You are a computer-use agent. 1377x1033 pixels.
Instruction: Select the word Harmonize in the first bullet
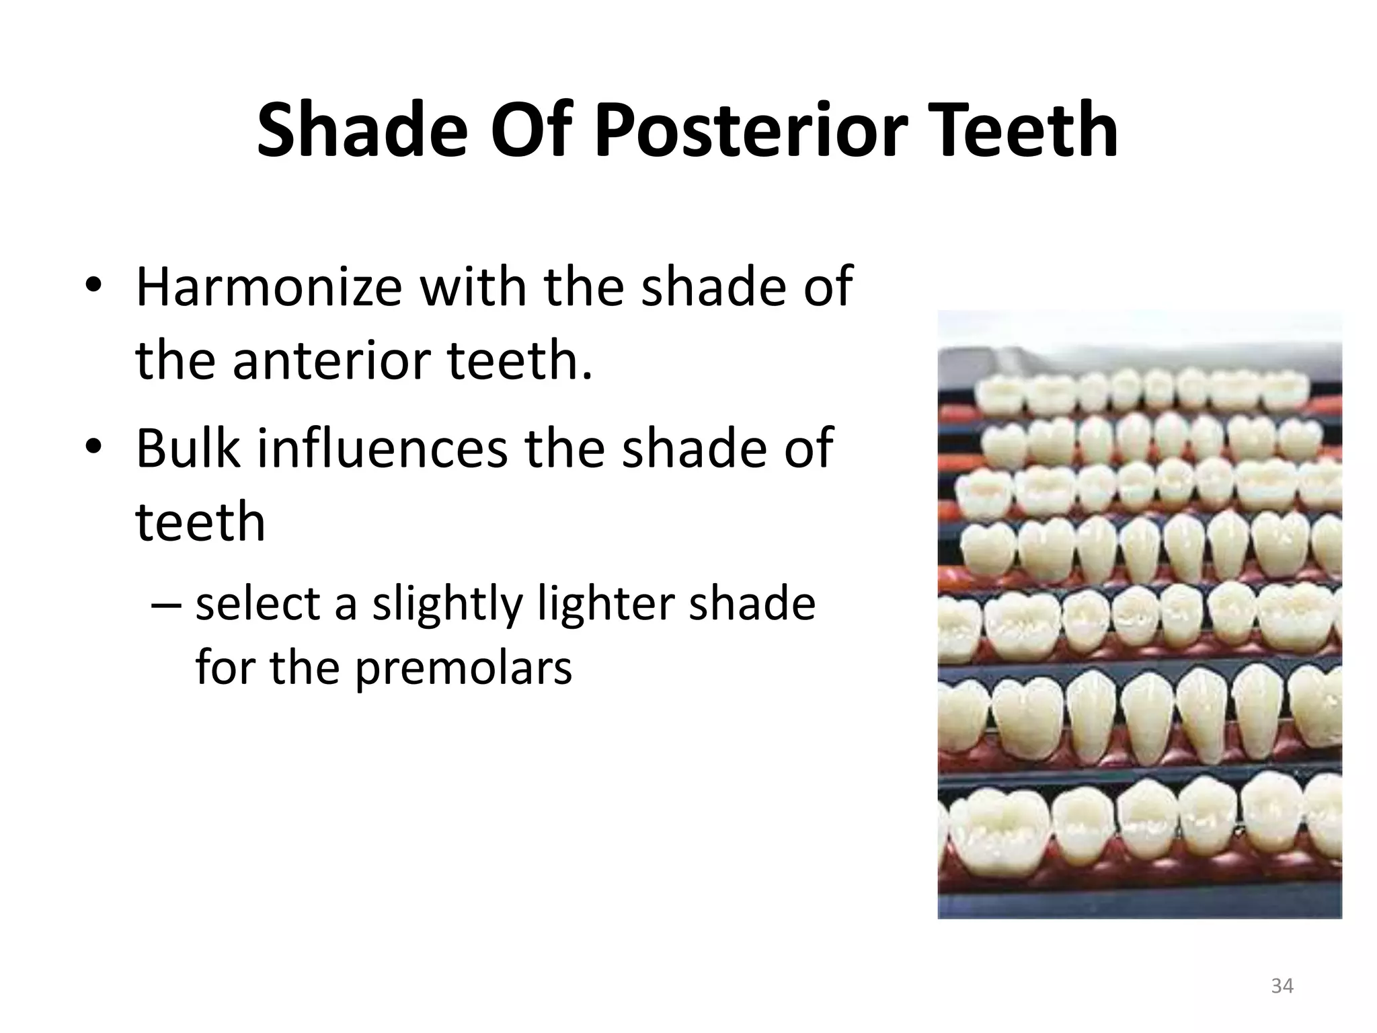coord(269,287)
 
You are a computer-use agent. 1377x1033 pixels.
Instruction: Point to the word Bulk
coord(188,448)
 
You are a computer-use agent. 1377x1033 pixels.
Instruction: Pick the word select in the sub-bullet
coord(255,603)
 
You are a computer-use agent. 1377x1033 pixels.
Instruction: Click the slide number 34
coord(1282,986)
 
